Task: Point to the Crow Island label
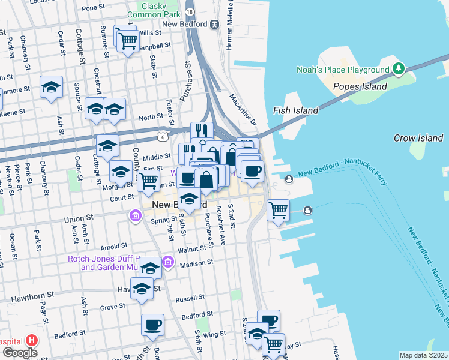click(418, 138)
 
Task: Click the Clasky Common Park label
click(154, 9)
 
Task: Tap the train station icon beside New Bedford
click(214, 25)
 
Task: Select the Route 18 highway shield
click(190, 11)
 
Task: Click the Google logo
click(20, 353)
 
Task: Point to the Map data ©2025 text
click(423, 355)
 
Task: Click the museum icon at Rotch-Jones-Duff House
click(168, 262)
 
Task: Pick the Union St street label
click(78, 220)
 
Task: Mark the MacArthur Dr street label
click(242, 108)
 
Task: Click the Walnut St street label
click(191, 248)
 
